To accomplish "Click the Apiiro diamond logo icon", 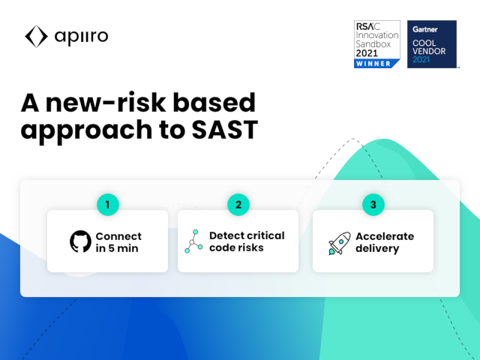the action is click(x=36, y=37).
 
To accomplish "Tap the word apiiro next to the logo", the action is click(x=81, y=37).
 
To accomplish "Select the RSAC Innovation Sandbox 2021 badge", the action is click(x=377, y=44).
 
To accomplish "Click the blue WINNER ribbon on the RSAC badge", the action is click(x=376, y=64).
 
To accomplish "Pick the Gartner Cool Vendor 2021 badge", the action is click(x=432, y=44).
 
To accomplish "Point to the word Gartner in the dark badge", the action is click(x=425, y=29).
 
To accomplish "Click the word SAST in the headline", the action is click(x=225, y=130).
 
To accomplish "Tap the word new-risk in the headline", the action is click(x=106, y=103).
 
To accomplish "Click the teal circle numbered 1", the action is click(x=108, y=205).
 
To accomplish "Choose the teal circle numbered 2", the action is click(x=238, y=205).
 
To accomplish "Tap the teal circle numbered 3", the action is click(x=373, y=205).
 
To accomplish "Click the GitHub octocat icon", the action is click(x=80, y=241).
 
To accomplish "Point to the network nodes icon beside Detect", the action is click(x=193, y=241).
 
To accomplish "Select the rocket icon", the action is click(x=340, y=243).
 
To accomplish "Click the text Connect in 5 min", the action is click(x=118, y=242).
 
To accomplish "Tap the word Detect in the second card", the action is click(x=226, y=235).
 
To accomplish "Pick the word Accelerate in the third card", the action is click(x=385, y=236).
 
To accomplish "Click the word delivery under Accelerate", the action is click(x=377, y=248).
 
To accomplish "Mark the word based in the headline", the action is click(x=214, y=103).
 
